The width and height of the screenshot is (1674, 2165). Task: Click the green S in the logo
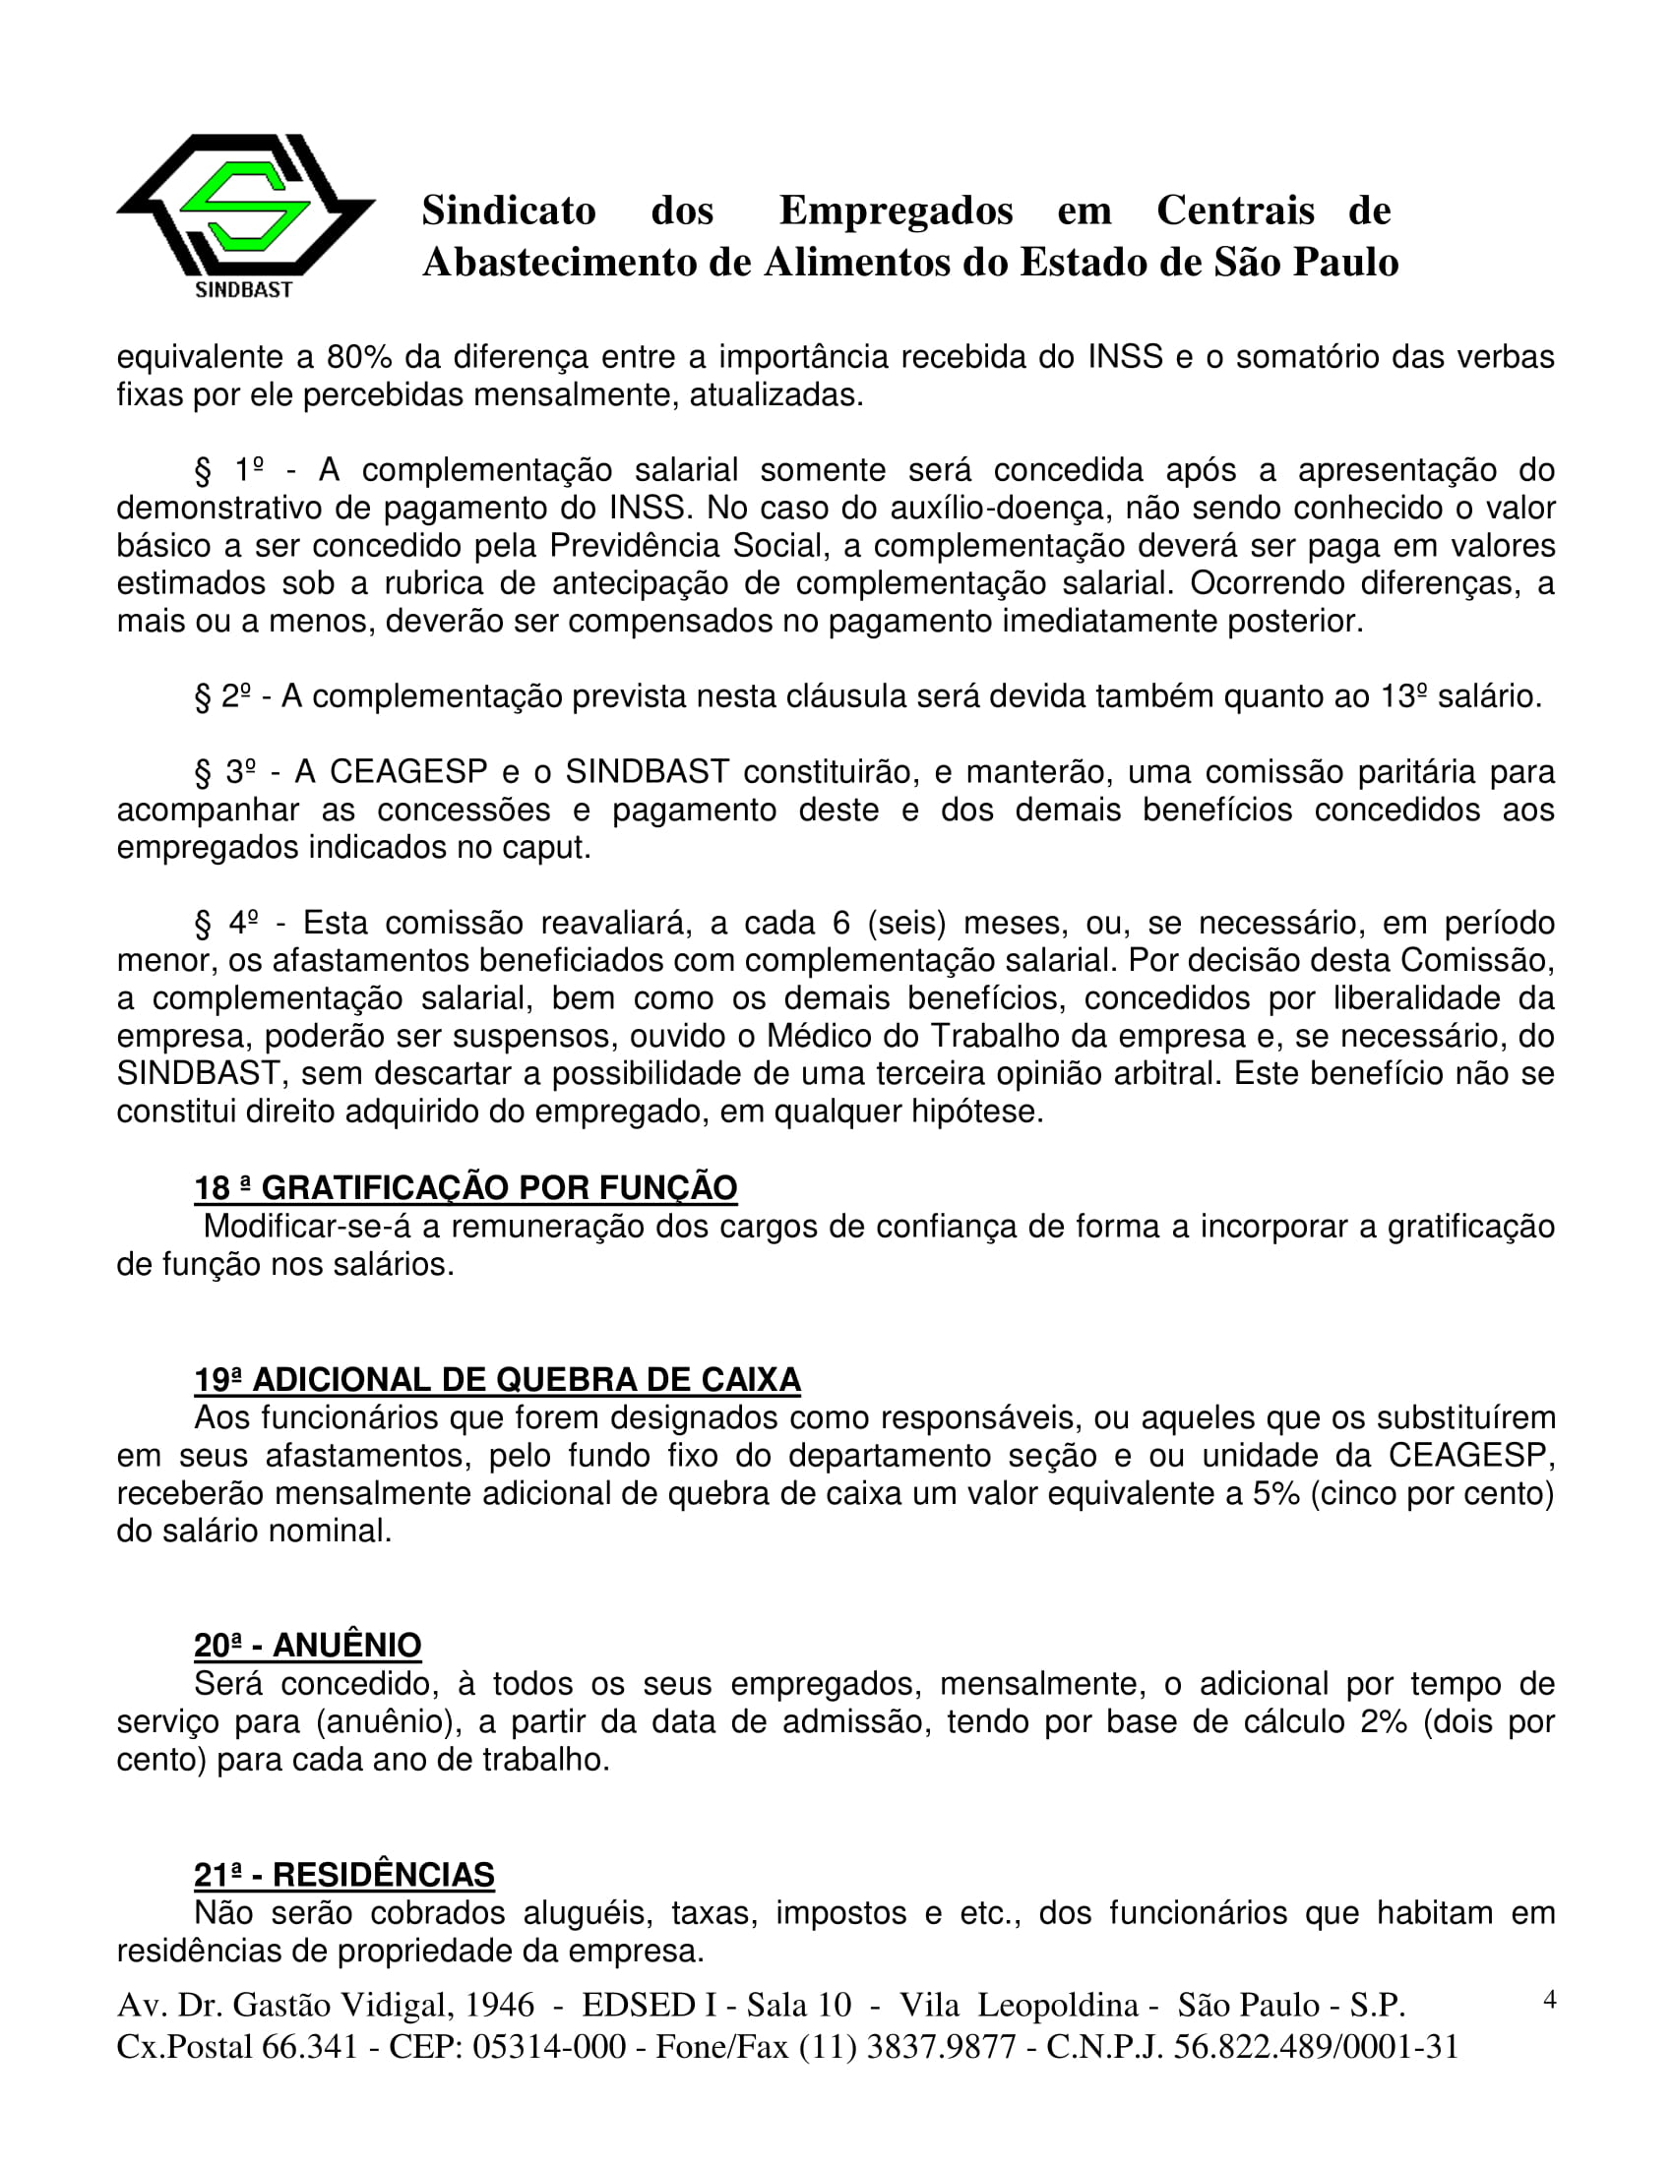point(245,207)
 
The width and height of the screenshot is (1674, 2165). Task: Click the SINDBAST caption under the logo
point(244,289)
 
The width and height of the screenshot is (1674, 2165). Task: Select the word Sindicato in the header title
point(509,210)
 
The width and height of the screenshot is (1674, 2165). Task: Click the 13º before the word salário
point(1403,696)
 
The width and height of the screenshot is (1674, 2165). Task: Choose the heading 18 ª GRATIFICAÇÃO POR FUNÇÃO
point(465,1187)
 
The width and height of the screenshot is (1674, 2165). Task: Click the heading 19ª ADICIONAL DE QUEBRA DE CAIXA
point(497,1380)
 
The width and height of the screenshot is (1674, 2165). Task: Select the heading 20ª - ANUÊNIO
point(307,1646)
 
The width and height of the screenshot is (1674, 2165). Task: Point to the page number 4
point(1550,1999)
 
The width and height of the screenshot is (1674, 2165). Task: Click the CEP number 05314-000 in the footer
point(548,2046)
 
